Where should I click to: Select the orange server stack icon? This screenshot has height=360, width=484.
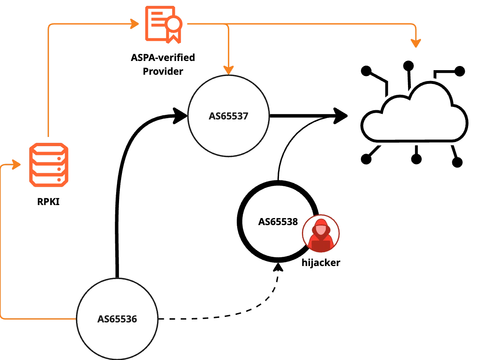tap(49, 165)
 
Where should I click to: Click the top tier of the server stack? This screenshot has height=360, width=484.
tap(49, 149)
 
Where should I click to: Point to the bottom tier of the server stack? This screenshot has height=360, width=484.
tap(49, 180)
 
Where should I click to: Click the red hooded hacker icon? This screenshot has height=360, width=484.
tap(321, 234)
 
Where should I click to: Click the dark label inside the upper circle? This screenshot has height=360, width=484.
tap(228, 116)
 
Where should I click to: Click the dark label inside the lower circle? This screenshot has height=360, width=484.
tap(117, 319)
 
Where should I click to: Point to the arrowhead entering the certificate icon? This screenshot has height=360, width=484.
tap(134, 24)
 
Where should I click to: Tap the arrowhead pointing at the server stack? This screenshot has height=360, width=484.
tap(17, 165)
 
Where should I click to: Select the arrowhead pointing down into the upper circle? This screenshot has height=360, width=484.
tap(228, 69)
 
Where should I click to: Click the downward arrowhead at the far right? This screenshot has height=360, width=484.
tap(416, 43)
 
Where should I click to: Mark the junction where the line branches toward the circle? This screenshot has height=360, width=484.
tap(228, 24)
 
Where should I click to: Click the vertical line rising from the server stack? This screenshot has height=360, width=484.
tap(49, 84)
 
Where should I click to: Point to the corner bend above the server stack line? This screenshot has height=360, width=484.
tap(50, 25)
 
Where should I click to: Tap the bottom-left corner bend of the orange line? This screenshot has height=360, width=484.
tap(3, 319)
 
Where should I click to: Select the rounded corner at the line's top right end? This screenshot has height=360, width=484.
tap(415, 25)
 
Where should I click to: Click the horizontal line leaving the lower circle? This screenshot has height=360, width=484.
tap(38, 319)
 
